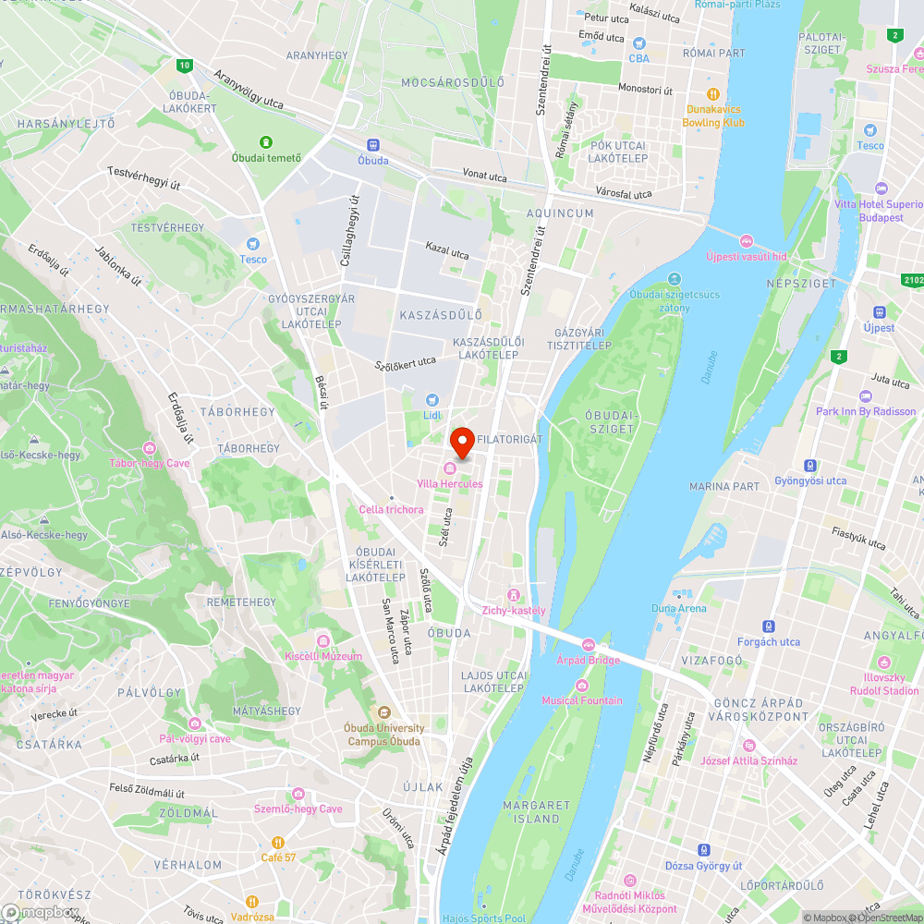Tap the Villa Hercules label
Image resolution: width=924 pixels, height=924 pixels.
[x=450, y=484]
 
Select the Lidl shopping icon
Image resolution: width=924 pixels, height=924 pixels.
[x=431, y=399]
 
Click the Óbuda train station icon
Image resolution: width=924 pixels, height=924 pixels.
[x=373, y=145]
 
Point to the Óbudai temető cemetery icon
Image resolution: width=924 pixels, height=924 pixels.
[x=266, y=142]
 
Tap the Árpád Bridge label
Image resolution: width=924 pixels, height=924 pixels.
[x=588, y=661]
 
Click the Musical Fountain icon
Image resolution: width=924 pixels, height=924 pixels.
[x=581, y=685]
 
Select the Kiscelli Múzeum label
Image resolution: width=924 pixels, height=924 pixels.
[x=323, y=656]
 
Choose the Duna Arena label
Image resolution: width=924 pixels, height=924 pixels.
[x=678, y=608]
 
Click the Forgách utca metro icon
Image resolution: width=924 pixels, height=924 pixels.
[x=769, y=626]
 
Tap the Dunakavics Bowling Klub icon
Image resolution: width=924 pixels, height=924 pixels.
[x=712, y=93]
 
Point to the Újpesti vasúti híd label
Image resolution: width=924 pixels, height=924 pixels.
[x=746, y=256]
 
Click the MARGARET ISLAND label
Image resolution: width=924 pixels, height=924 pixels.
[x=536, y=812]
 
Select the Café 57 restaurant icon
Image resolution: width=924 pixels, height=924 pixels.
[x=277, y=843]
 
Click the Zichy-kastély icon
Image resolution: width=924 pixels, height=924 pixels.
[x=514, y=594]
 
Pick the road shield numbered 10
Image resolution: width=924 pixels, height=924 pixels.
[x=186, y=65]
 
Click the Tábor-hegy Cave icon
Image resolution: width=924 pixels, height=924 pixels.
[x=149, y=448]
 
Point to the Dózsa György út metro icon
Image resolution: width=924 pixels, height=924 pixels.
[x=704, y=849]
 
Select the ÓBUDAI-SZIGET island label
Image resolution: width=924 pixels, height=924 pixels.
[x=611, y=421]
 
